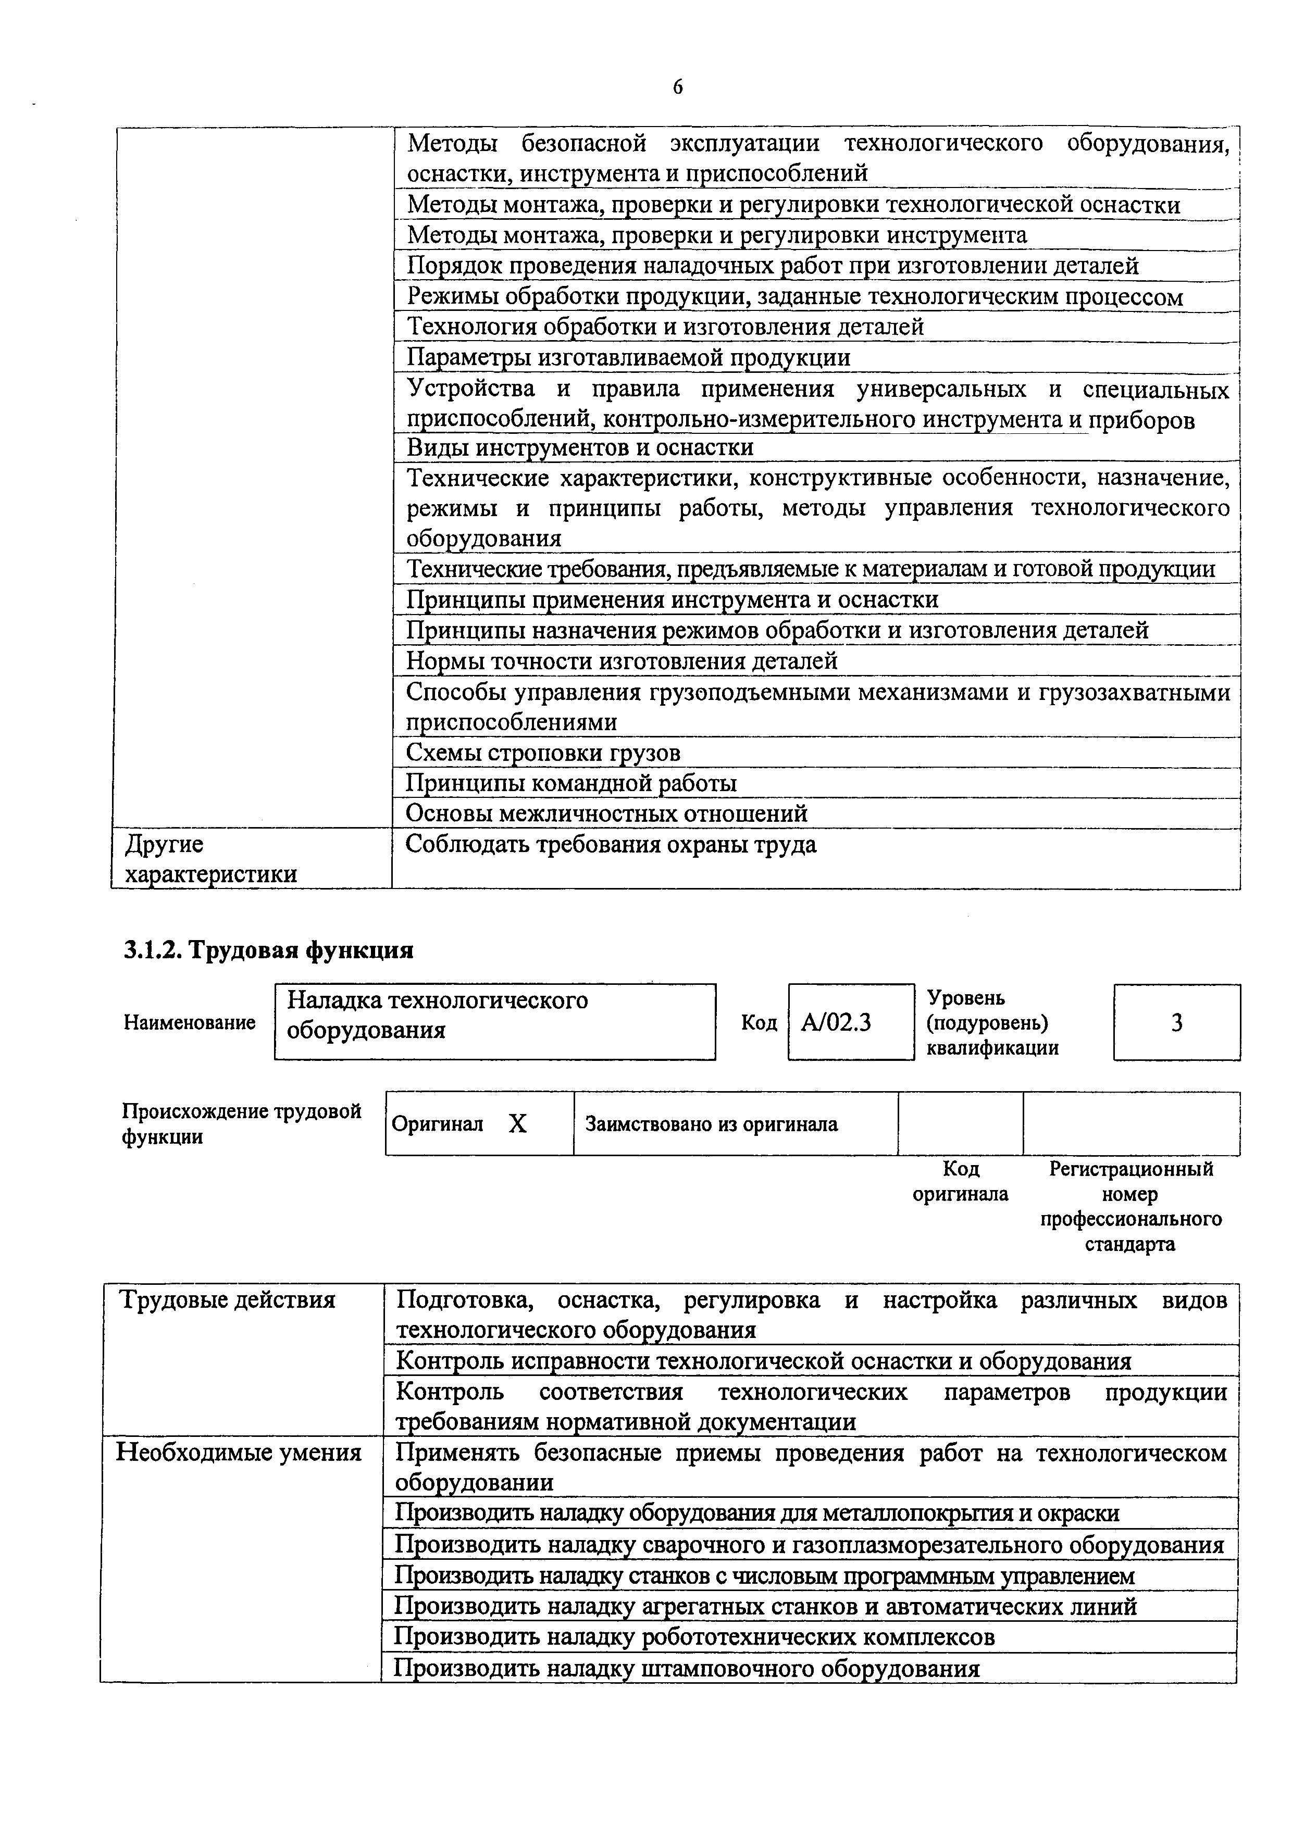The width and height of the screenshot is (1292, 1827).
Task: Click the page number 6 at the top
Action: click(x=677, y=87)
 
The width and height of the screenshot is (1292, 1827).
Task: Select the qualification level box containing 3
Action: click(x=1176, y=1022)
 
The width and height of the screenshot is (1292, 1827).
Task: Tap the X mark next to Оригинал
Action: click(x=517, y=1123)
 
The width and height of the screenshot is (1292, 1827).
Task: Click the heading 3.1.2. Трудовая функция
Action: click(x=268, y=950)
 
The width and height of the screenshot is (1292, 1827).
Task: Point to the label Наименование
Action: click(x=190, y=1022)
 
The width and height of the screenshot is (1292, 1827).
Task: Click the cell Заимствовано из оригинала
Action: click(x=711, y=1123)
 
